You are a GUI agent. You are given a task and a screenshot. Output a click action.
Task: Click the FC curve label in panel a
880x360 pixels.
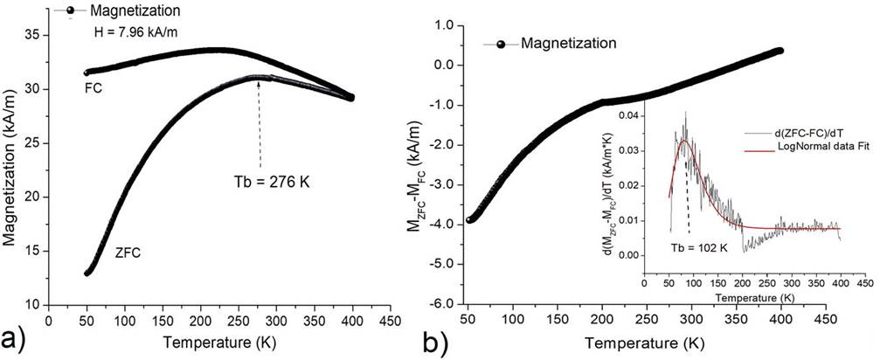(x=92, y=88)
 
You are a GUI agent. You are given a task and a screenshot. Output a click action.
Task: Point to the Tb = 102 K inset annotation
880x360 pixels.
(x=699, y=247)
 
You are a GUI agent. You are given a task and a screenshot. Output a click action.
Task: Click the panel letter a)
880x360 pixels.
(x=17, y=336)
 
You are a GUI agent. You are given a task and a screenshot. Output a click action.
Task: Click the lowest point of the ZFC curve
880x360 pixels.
(x=87, y=273)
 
